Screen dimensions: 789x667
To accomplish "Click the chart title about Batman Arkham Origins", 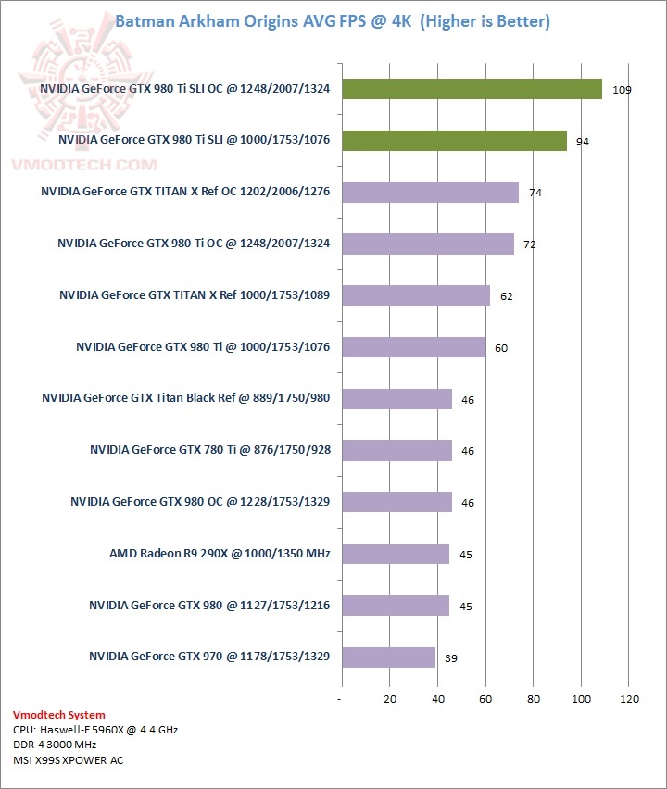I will pyautogui.click(x=332, y=21).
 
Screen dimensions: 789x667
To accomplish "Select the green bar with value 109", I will pyautogui.click(x=472, y=89).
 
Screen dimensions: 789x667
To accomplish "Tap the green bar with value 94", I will pyautogui.click(x=454, y=141).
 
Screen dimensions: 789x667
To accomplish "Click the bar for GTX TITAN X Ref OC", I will pyautogui.click(x=430, y=192).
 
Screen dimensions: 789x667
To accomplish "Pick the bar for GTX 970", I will pyautogui.click(x=388, y=657).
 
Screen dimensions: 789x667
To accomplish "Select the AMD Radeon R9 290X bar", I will pyautogui.click(x=395, y=554).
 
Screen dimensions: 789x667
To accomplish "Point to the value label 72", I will pyautogui.click(x=529, y=245).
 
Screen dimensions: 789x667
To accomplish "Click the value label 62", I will pyautogui.click(x=506, y=297).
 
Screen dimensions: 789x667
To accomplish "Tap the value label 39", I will pyautogui.click(x=450, y=658).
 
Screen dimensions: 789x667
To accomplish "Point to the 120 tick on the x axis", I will pyautogui.click(x=630, y=698).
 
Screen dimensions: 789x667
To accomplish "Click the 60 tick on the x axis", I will pyautogui.click(x=485, y=698).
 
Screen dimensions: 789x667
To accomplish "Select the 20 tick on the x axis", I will pyautogui.click(x=389, y=698).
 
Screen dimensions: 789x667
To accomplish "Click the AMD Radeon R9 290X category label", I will pyautogui.click(x=220, y=554).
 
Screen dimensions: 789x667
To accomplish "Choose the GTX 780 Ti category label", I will pyautogui.click(x=210, y=450).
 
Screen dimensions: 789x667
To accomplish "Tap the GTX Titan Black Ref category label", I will pyautogui.click(x=186, y=398).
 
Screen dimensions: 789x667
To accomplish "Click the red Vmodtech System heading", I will pyautogui.click(x=59, y=715).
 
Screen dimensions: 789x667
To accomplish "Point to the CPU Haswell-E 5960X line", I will pyautogui.click(x=95, y=730).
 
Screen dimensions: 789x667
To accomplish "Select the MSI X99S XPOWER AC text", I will pyautogui.click(x=68, y=760).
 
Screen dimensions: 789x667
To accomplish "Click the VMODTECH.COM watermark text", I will pyautogui.click(x=83, y=165).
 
